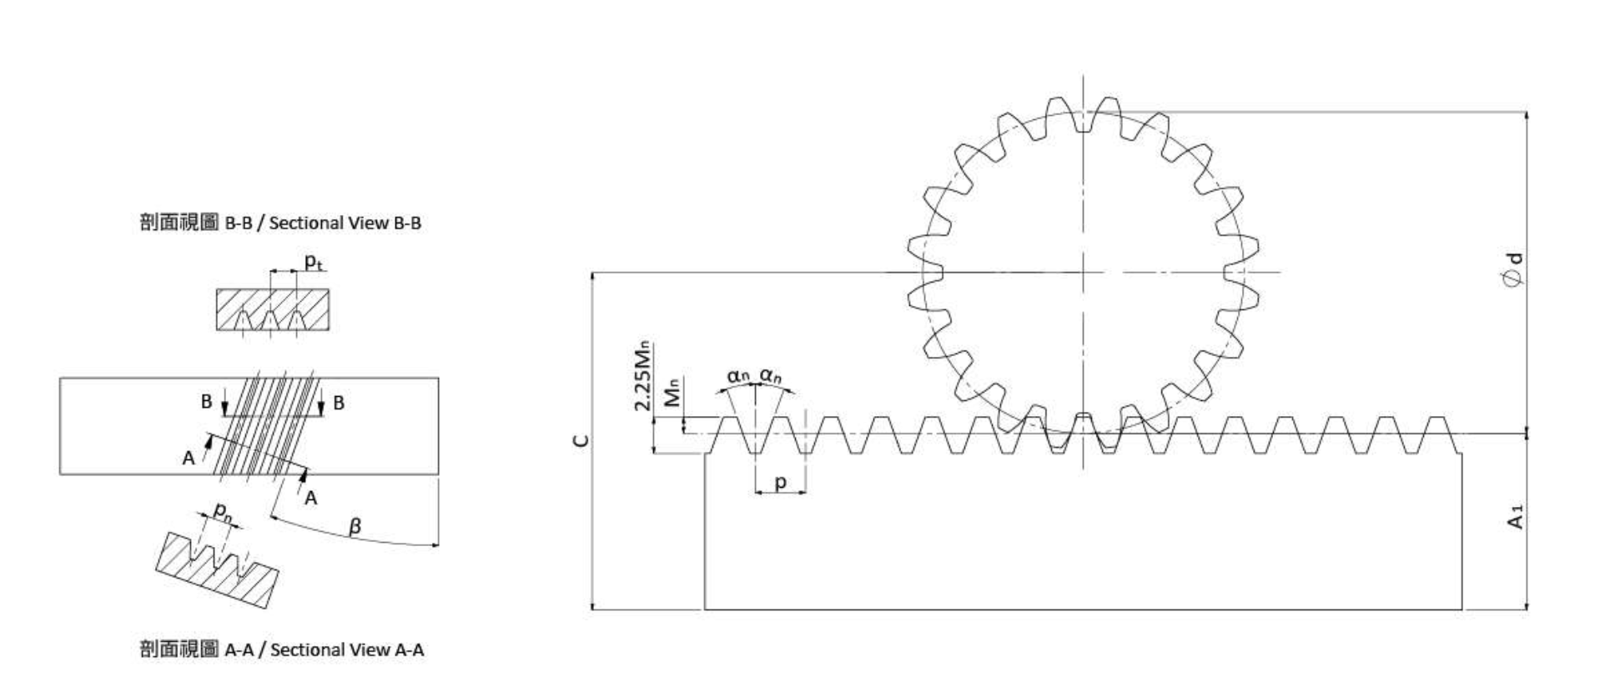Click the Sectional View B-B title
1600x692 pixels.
pos(280,223)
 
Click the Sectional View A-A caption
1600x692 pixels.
pos(281,649)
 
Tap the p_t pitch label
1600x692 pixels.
pos(313,262)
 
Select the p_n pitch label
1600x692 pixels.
pos(222,509)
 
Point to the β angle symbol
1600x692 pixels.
pos(355,527)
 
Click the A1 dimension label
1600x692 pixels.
pos(1516,517)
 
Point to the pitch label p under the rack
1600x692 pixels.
pos(780,482)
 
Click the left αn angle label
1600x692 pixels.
pos(738,376)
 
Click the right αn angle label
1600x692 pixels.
pos(771,376)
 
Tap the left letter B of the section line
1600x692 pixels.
pos(206,402)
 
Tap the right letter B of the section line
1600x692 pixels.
pos(339,403)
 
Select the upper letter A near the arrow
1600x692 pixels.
pos(189,458)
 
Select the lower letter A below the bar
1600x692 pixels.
pos(310,498)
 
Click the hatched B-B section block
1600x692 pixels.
pos(272,308)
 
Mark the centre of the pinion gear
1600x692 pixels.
pos(1083,272)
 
